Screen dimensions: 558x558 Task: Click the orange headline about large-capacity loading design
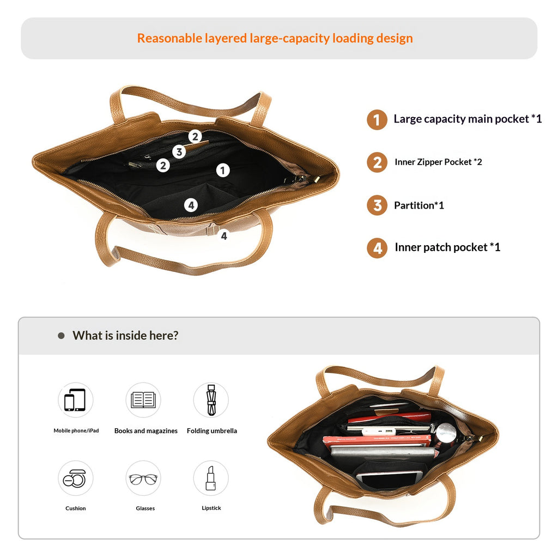[275, 39]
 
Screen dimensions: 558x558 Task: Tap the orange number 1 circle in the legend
[377, 119]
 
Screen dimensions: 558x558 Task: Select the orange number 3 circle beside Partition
[377, 205]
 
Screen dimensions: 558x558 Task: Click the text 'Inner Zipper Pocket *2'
[438, 162]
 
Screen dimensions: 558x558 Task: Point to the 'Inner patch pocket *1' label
[447, 247]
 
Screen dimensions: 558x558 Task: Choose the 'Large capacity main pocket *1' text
[468, 119]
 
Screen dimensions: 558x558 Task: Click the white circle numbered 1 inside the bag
[223, 171]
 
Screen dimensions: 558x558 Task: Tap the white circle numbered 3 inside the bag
[179, 152]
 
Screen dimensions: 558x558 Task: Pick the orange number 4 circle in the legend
[377, 248]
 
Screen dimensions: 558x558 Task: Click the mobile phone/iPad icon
[75, 400]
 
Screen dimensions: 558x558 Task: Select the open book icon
[143, 400]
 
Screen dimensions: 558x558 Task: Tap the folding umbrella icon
[211, 400]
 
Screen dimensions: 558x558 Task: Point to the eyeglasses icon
[143, 478]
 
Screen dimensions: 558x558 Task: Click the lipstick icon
[211, 478]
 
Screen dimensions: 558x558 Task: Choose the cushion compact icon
[75, 478]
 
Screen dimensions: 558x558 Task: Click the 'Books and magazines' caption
[146, 431]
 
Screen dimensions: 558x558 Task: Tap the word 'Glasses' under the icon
[145, 508]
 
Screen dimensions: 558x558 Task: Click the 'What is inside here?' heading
[125, 336]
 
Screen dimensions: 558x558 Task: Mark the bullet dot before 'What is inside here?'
[61, 336]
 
